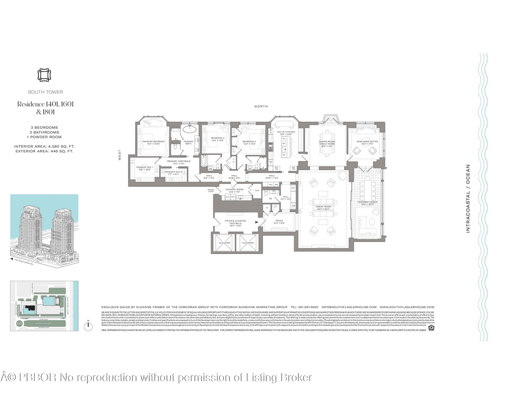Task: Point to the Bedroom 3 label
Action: tap(249, 142)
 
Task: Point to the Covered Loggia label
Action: tap(366, 203)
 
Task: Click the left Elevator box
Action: tap(224, 243)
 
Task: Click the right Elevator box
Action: tap(248, 243)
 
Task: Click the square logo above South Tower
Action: tap(44, 75)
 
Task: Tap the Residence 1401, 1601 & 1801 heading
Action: tap(46, 108)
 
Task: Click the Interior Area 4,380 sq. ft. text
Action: tap(44, 146)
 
